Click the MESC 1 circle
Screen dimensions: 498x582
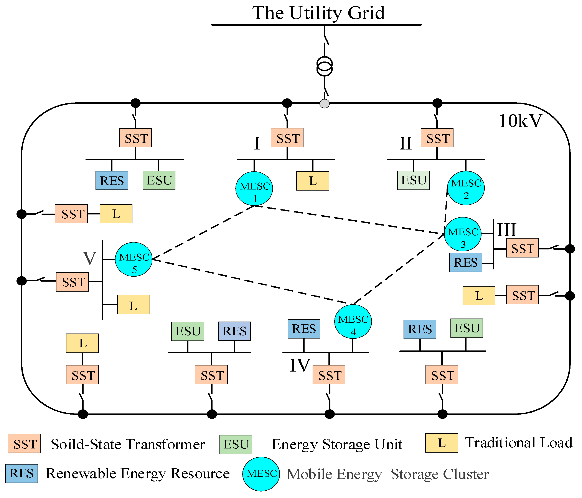click(x=254, y=189)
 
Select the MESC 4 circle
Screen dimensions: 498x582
click(x=353, y=321)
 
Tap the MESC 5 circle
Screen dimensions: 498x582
click(x=134, y=259)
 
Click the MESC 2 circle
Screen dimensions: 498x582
click(x=466, y=188)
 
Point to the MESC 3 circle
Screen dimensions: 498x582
click(x=463, y=234)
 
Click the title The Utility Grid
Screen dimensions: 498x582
click(x=318, y=13)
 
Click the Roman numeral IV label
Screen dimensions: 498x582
click(x=299, y=365)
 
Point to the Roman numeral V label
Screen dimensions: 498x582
click(x=90, y=258)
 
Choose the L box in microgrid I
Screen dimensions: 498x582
click(x=313, y=181)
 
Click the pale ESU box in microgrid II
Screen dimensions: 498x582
click(x=414, y=180)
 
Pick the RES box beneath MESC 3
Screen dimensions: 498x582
click(x=465, y=262)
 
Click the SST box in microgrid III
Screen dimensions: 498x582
click(x=523, y=248)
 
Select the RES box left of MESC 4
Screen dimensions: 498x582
click(x=304, y=329)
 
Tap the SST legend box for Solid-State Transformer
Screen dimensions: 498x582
click(x=24, y=443)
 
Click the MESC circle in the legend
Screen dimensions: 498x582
click(x=261, y=474)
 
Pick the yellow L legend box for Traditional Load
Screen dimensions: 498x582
click(x=441, y=443)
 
